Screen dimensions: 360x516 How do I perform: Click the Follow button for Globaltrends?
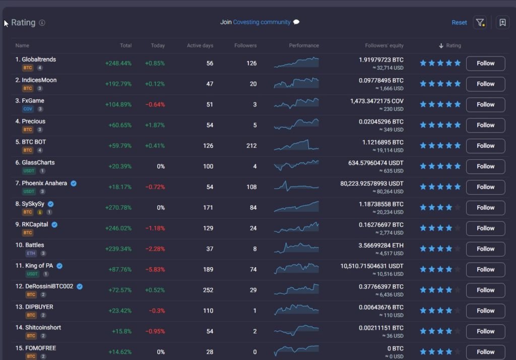click(x=485, y=64)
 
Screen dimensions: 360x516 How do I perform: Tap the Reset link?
click(x=459, y=23)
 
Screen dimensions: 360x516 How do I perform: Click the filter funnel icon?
click(x=480, y=23)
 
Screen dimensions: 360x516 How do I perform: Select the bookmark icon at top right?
click(x=502, y=23)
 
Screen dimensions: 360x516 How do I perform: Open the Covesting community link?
click(x=262, y=22)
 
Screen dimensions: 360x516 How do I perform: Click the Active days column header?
click(x=200, y=45)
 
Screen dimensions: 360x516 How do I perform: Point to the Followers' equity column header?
click(x=384, y=45)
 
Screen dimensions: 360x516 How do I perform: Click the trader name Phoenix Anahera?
click(x=44, y=184)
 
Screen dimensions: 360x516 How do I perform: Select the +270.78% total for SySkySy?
click(x=118, y=208)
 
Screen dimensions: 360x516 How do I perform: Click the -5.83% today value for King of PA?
click(x=155, y=270)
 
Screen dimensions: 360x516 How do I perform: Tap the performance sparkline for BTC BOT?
click(x=296, y=146)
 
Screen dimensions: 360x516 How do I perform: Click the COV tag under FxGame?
click(x=27, y=109)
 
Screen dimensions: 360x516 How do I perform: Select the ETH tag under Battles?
click(x=31, y=254)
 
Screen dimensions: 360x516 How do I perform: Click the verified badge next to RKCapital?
click(x=54, y=225)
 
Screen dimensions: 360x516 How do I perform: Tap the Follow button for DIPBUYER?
click(x=485, y=311)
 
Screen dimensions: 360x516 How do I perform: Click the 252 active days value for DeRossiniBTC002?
click(x=208, y=290)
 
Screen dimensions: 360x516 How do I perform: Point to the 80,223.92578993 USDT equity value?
click(x=372, y=184)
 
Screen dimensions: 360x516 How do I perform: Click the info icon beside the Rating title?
click(x=42, y=23)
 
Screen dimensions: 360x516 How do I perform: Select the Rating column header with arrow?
click(x=450, y=45)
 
